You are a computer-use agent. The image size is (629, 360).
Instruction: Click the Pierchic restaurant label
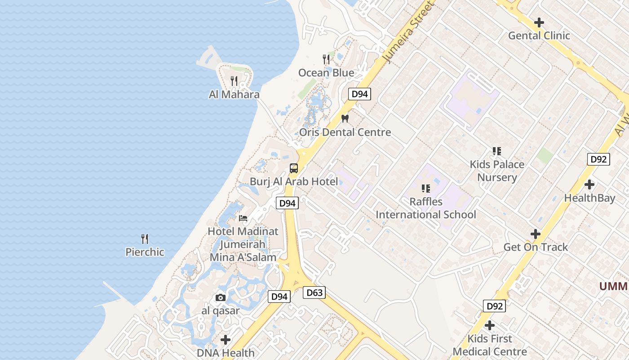click(x=145, y=252)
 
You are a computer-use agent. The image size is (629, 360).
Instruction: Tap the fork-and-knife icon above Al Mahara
click(x=234, y=81)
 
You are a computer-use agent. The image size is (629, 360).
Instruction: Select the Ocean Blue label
click(x=326, y=73)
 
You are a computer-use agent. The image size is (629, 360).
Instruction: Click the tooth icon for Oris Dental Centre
click(x=345, y=119)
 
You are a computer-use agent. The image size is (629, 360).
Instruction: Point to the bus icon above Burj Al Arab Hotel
click(x=294, y=168)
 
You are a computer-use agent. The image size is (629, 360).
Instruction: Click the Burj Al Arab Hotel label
click(x=294, y=182)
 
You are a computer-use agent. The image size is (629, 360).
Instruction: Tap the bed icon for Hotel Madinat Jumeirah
click(x=243, y=218)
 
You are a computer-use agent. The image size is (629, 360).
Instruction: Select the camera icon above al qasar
click(x=220, y=297)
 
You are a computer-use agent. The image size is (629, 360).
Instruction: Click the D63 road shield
click(x=314, y=293)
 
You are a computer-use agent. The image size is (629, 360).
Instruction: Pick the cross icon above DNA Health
click(x=226, y=339)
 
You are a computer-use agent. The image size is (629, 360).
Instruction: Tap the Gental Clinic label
click(x=539, y=36)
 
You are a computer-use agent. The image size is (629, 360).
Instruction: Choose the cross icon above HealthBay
click(x=589, y=184)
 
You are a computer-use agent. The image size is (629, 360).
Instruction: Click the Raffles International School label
click(x=425, y=208)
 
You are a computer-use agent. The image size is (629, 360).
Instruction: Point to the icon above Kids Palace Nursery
click(x=496, y=151)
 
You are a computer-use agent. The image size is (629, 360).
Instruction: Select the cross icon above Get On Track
click(x=535, y=234)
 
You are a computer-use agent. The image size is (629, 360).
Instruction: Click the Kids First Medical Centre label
click(x=490, y=345)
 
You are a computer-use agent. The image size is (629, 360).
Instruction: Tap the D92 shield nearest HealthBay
click(x=598, y=159)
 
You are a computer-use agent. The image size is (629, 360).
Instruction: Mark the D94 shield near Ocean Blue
click(x=359, y=94)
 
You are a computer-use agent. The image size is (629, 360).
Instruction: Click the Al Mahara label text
click(x=234, y=94)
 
